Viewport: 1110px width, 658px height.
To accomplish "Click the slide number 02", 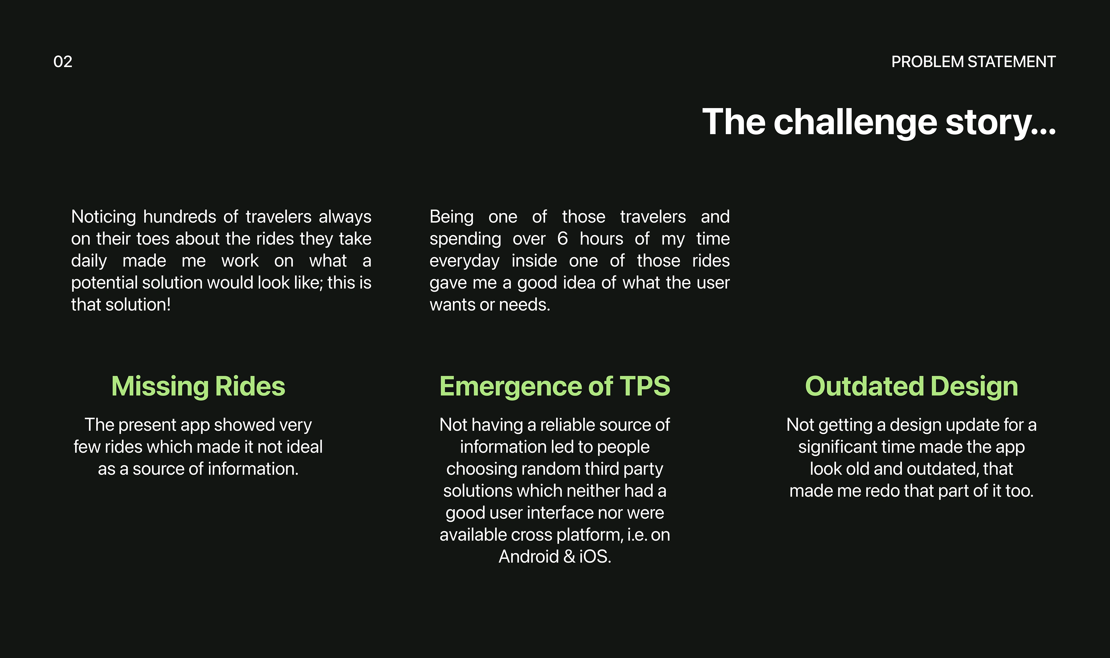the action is tap(62, 62).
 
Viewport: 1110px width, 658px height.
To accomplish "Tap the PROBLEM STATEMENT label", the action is tap(974, 62).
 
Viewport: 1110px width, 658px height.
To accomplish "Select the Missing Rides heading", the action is tap(198, 386).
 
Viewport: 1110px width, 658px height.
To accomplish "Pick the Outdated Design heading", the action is tap(911, 387).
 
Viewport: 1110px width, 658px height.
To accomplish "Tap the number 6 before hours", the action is tap(563, 239).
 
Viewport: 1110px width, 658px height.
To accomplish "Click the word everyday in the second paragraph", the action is tap(464, 261).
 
